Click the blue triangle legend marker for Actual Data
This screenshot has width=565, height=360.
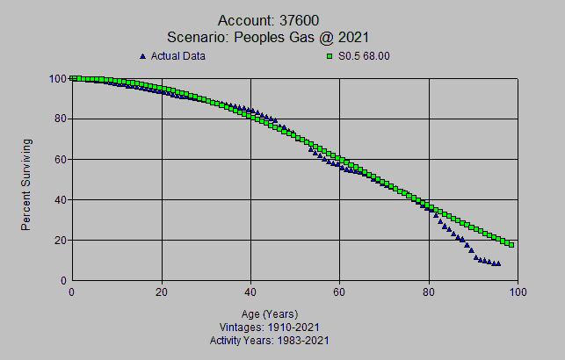tap(143, 56)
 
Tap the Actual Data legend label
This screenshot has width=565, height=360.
tap(178, 56)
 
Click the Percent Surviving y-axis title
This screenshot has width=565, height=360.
tap(27, 184)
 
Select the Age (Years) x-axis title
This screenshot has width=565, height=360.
tap(269, 313)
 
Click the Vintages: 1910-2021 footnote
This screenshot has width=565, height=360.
tap(269, 327)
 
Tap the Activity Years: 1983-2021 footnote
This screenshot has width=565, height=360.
tap(269, 339)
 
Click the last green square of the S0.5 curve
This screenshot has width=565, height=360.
tap(511, 244)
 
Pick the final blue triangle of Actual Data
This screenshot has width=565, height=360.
tap(498, 263)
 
